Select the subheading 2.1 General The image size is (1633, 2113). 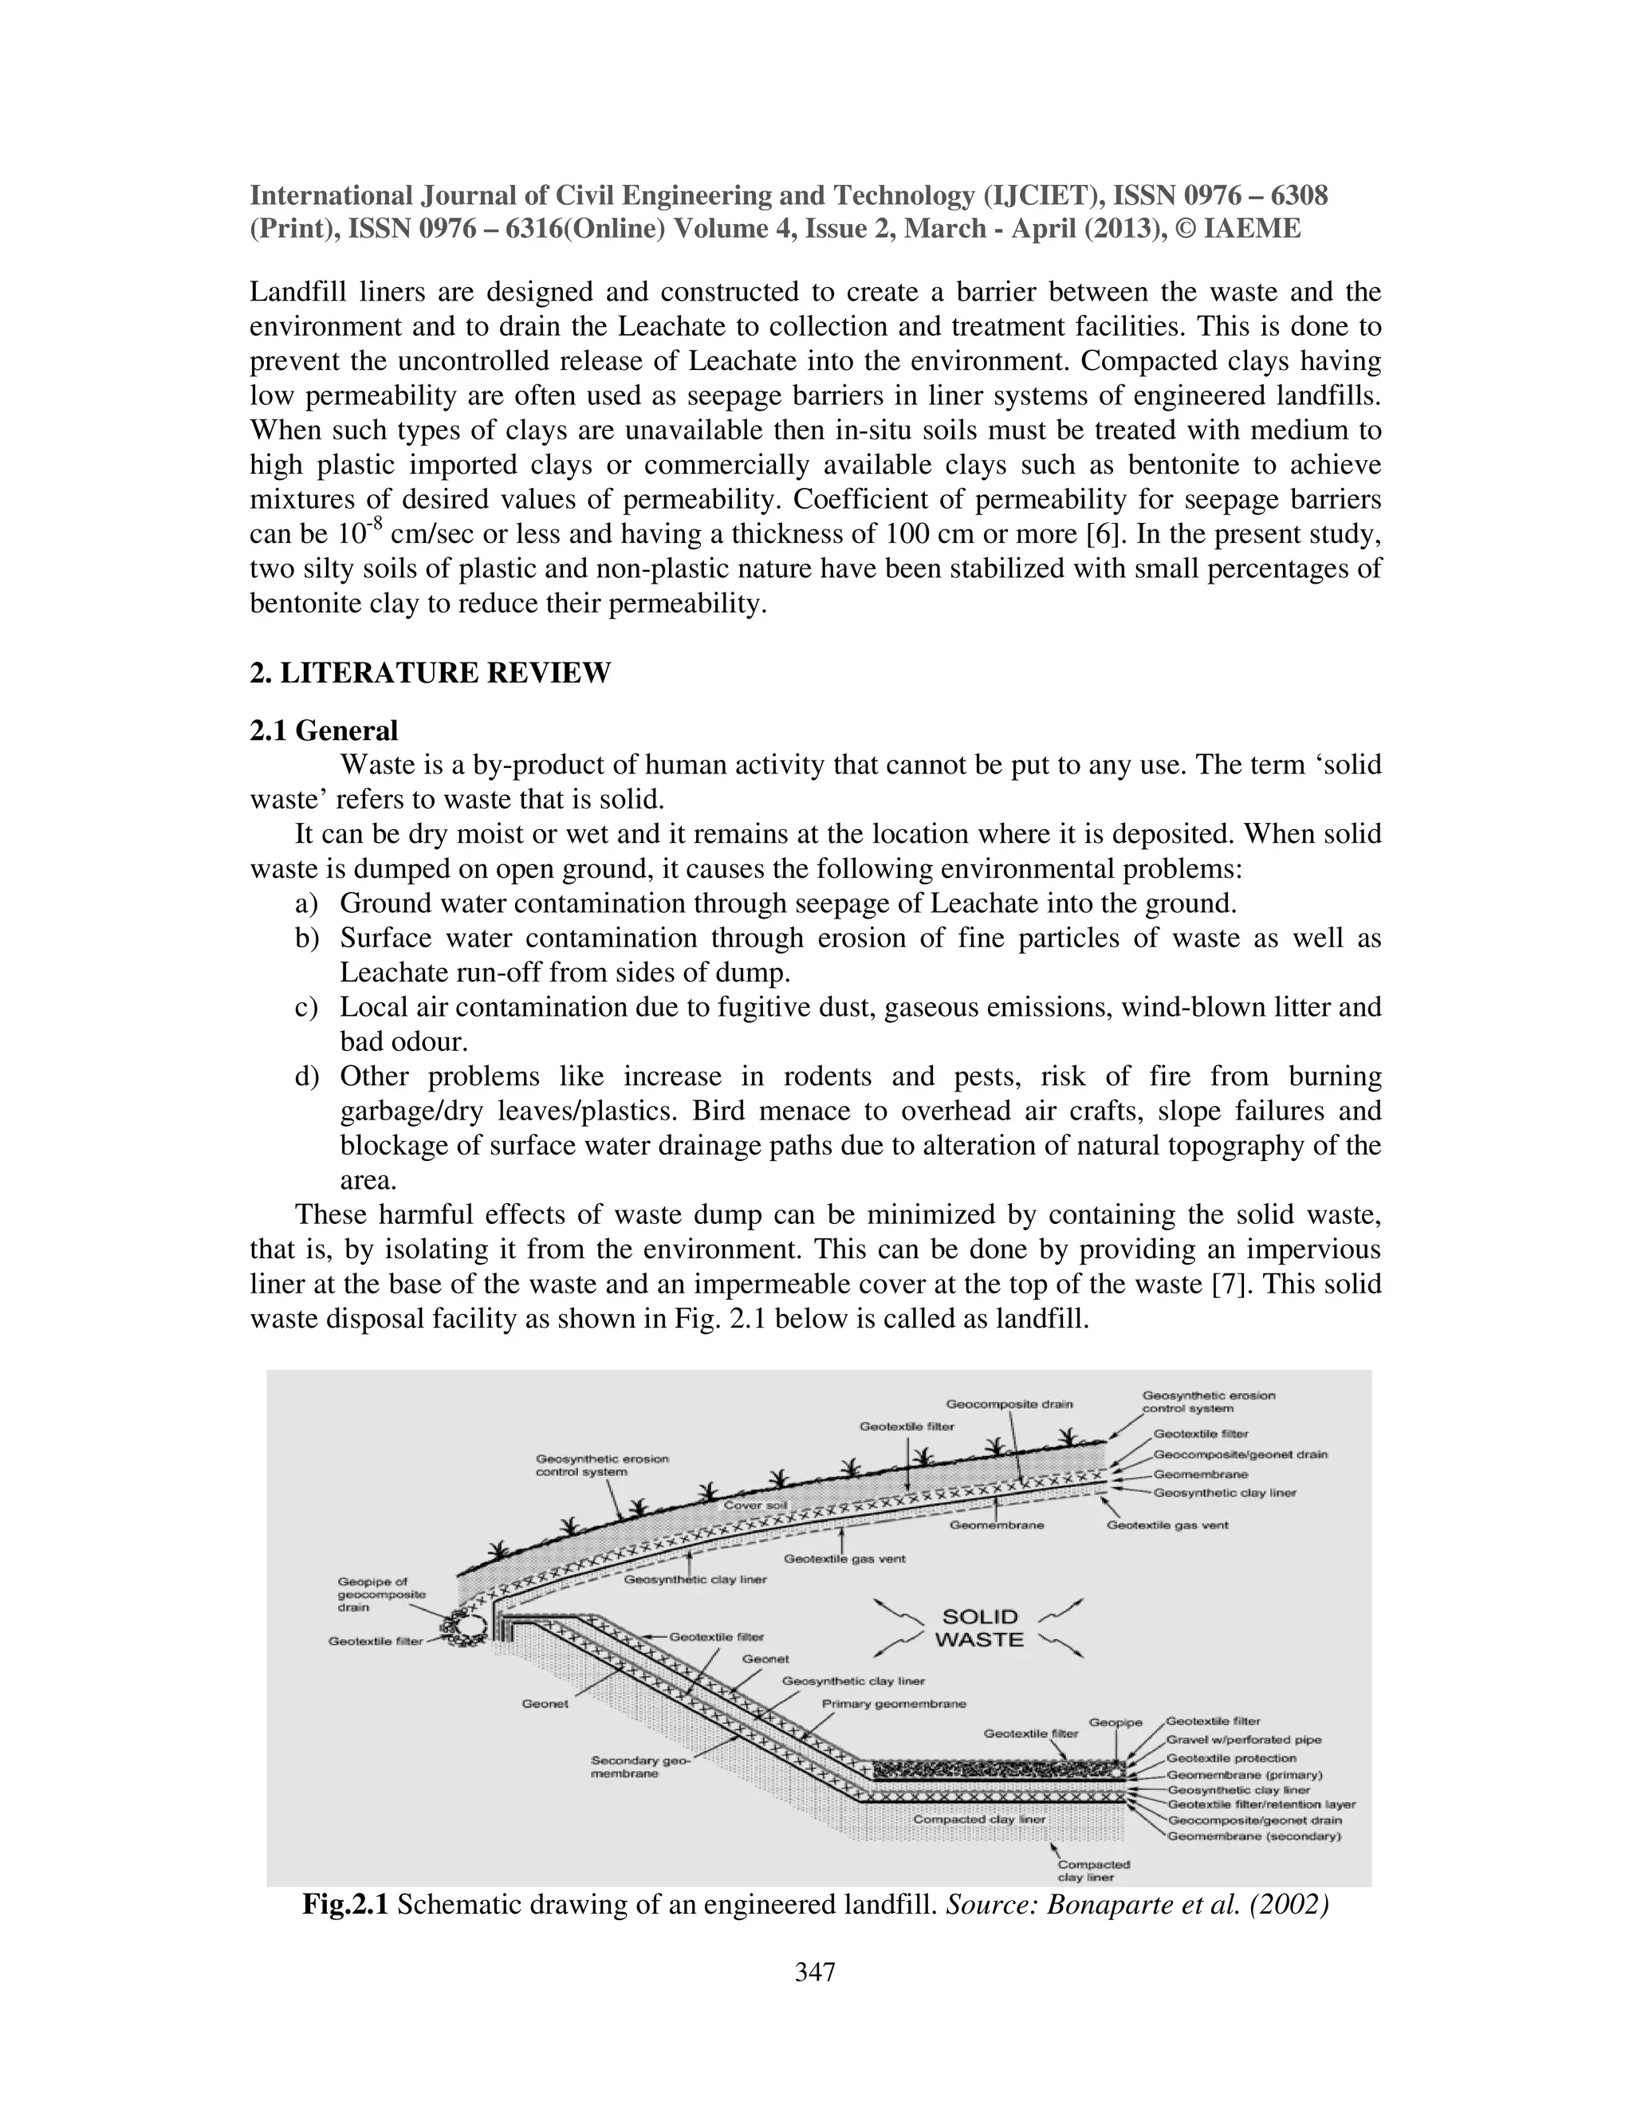click(x=323, y=730)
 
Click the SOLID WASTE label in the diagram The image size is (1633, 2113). click(x=979, y=1627)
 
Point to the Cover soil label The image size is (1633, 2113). click(x=757, y=1506)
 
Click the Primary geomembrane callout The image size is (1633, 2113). click(x=893, y=1703)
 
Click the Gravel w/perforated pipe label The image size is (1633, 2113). click(x=1243, y=1740)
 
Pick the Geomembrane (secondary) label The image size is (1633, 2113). click(x=1253, y=1836)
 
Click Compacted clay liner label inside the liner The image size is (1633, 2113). click(x=979, y=1819)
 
